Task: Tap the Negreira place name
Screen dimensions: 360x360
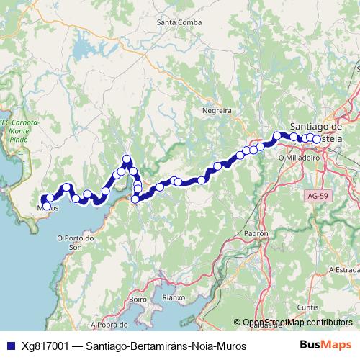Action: [217, 112]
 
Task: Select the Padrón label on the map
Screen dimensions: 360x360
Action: [256, 234]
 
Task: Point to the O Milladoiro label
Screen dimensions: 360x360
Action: [298, 156]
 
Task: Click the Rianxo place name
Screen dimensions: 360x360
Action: [174, 297]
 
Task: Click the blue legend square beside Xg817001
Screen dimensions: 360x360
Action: [9, 346]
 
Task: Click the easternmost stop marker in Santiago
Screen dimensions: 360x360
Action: [317, 139]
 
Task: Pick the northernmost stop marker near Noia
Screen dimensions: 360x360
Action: [127, 159]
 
